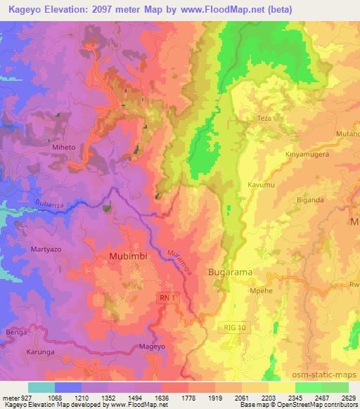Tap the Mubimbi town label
[x=128, y=257]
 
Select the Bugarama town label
[x=231, y=271]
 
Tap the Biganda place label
[x=310, y=198]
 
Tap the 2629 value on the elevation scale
[x=349, y=397]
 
